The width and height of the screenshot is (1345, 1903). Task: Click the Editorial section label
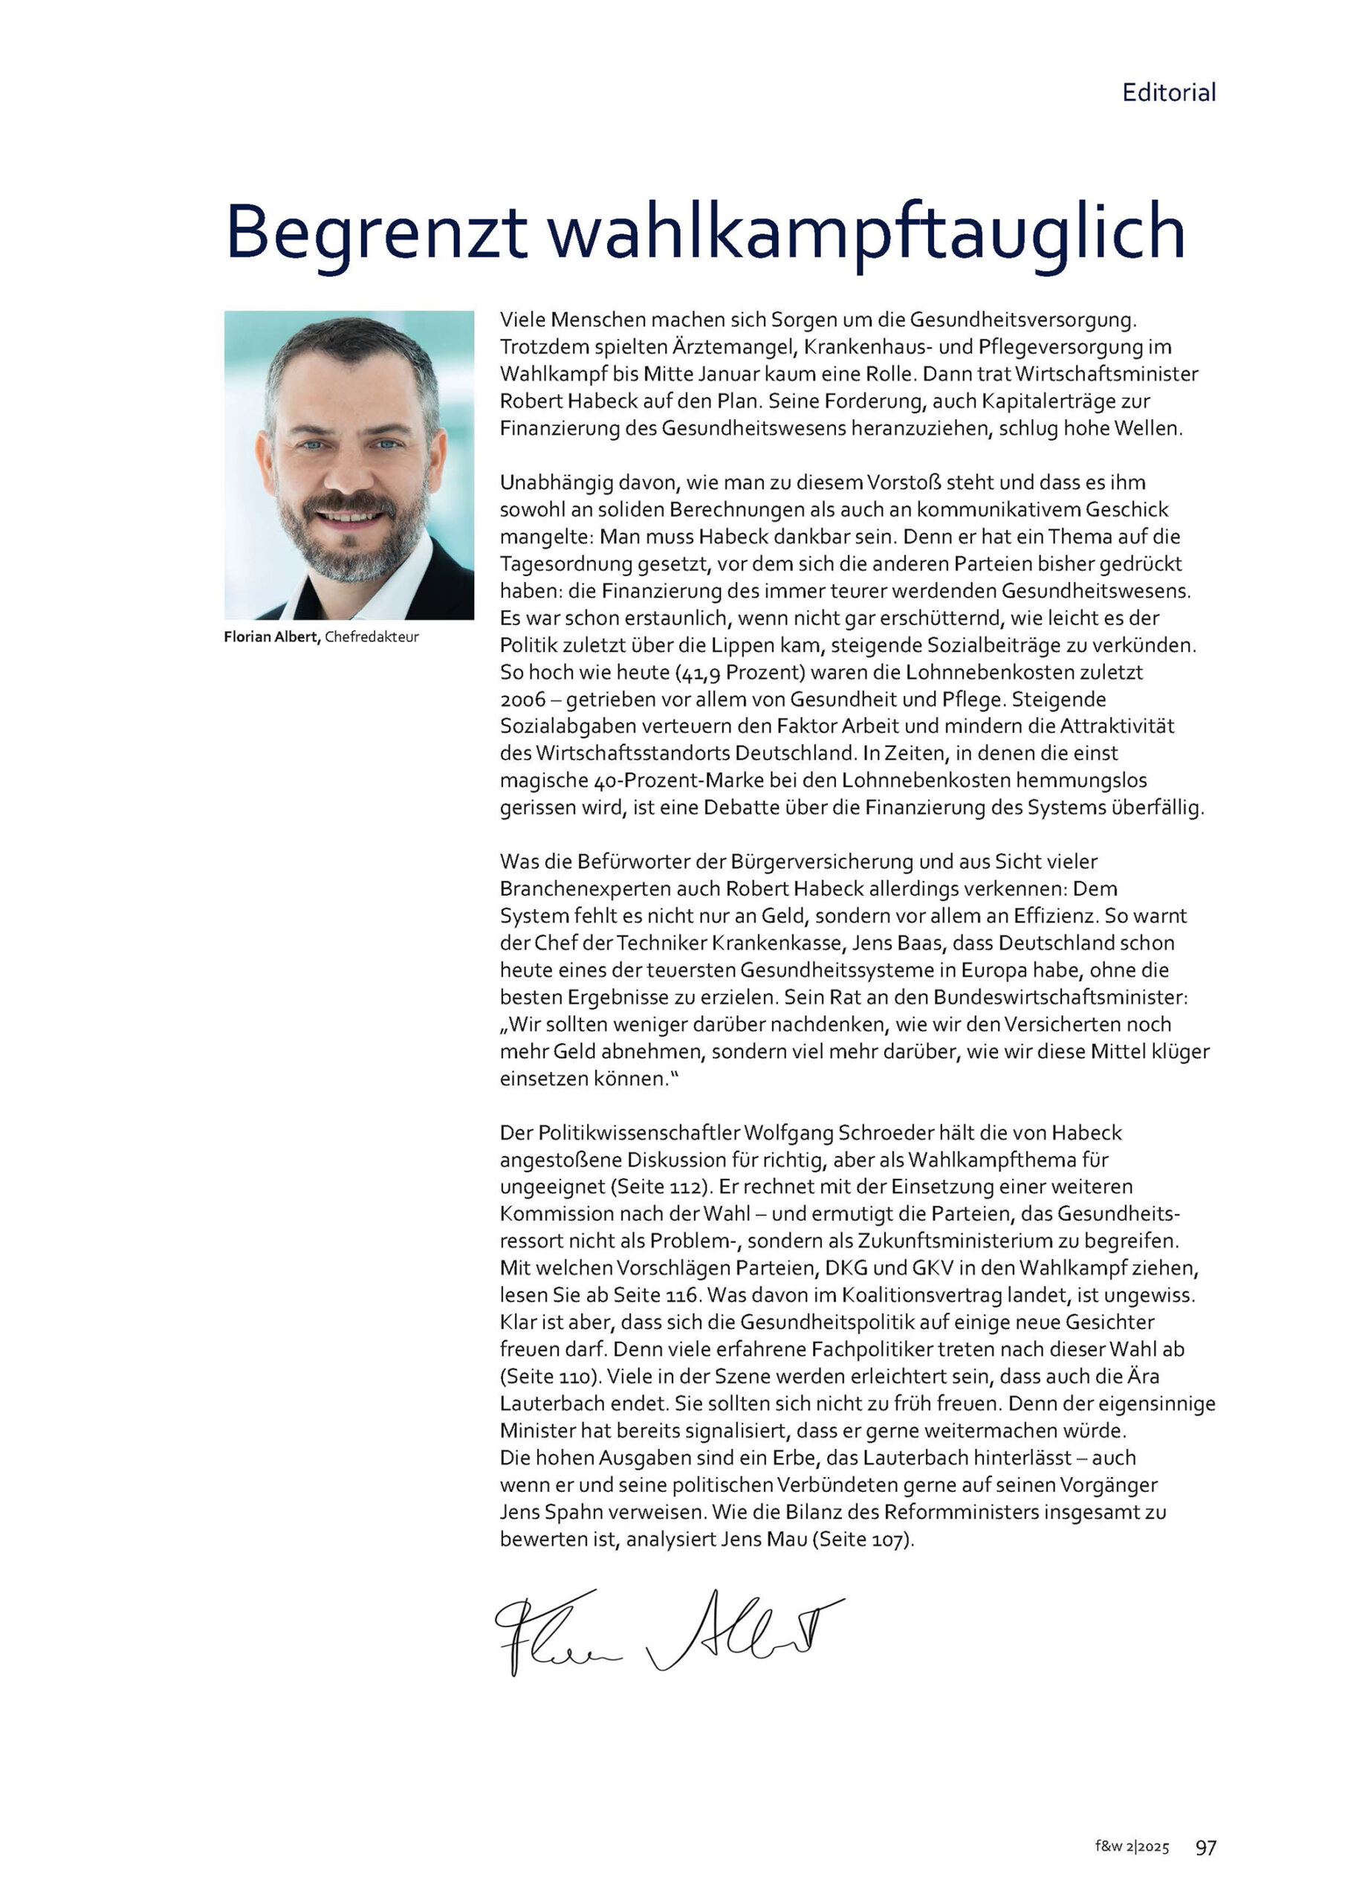[1168, 92]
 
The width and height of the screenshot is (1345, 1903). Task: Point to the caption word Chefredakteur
[372, 636]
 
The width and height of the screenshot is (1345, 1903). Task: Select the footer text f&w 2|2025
[1132, 1847]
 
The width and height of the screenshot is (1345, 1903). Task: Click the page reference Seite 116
[656, 1295]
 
